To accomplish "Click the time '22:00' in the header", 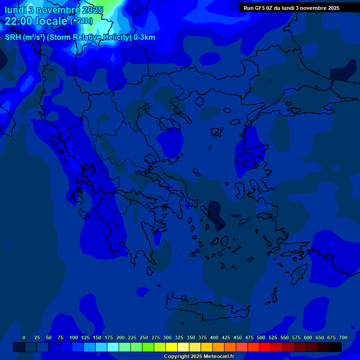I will click(x=21, y=21).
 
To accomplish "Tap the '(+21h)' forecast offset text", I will click(x=82, y=21).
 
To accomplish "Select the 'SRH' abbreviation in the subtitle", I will click(x=13, y=37).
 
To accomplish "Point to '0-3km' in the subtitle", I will click(x=144, y=37).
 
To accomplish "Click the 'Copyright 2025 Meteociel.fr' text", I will click(x=199, y=357).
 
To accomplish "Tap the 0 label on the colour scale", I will click(x=24, y=337).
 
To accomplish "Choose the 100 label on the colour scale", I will click(x=74, y=337).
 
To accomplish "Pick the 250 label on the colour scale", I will click(x=144, y=337).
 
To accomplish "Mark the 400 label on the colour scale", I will click(x=214, y=337).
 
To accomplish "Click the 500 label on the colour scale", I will click(x=261, y=337).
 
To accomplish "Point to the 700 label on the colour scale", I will click(x=343, y=337).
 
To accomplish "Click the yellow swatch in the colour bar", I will click(x=171, y=347).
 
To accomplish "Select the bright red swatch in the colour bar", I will click(x=265, y=347).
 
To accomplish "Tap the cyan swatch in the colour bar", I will click(x=112, y=347).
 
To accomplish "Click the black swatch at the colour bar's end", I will click(x=335, y=347).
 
